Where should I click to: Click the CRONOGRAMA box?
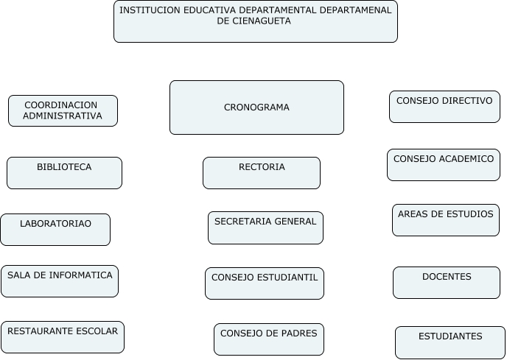coord(256,107)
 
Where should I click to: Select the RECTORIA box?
coord(262,172)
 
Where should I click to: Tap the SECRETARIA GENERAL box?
coord(265,227)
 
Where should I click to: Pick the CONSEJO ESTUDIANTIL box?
coord(265,283)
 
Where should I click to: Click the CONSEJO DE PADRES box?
coord(268,339)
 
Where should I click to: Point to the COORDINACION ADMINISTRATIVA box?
coord(63,110)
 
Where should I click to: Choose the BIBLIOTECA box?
coord(64,172)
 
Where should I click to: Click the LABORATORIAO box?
coord(55,229)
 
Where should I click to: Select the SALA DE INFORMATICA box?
coord(60,280)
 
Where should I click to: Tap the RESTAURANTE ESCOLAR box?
coord(63,336)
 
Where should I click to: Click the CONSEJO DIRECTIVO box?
coord(444,106)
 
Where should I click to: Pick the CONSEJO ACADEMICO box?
coord(444,164)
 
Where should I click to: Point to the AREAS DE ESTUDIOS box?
coord(446,219)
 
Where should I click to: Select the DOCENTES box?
coord(447,282)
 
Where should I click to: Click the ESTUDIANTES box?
coord(450,342)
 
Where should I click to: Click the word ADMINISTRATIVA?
coord(63,116)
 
